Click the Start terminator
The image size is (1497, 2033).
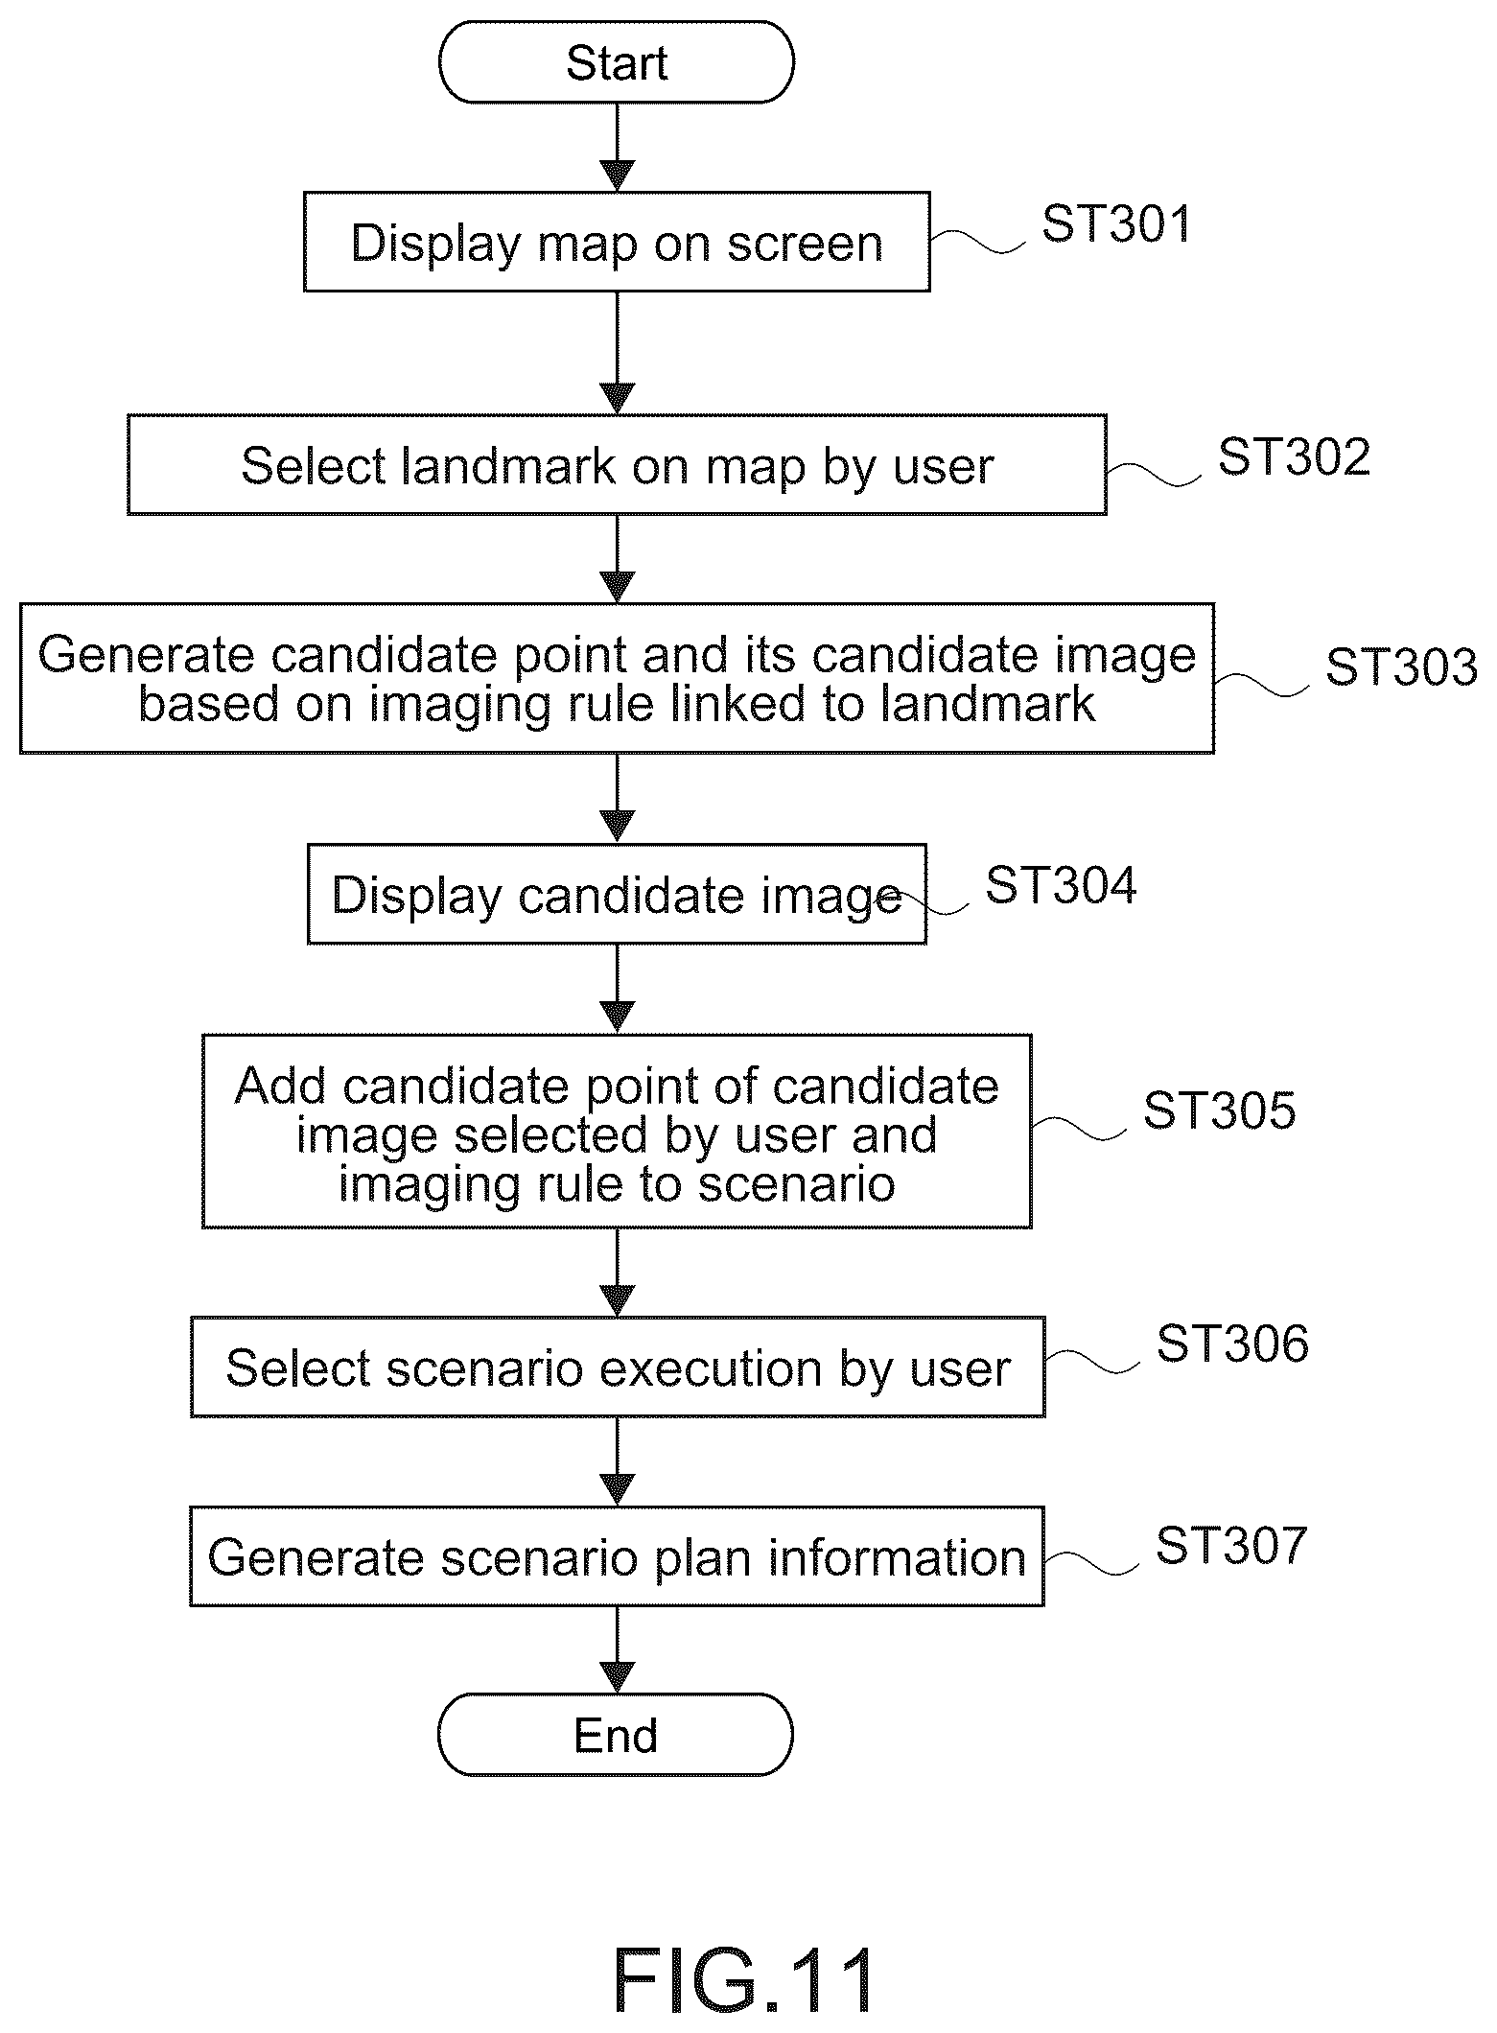[x=617, y=62]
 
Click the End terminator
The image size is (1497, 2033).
[x=616, y=1735]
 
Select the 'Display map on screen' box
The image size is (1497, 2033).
[x=617, y=242]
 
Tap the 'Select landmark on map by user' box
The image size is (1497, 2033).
[x=617, y=465]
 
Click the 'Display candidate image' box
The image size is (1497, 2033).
[x=617, y=894]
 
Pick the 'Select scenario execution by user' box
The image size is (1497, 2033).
[x=618, y=1367]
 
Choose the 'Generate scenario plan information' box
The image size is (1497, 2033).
[x=617, y=1555]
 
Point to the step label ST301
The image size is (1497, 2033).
[x=1116, y=223]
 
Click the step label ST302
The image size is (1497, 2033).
[x=1294, y=457]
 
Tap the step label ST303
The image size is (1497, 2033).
[x=1401, y=666]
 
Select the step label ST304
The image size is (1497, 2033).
[x=1061, y=884]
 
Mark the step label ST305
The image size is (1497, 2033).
[x=1219, y=1110]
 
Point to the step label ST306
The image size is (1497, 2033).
[x=1232, y=1344]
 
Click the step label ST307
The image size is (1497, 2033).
[x=1231, y=1545]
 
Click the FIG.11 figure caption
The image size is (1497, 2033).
[x=744, y=1981]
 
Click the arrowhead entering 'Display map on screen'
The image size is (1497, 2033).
[x=617, y=176]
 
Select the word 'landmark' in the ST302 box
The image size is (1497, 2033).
[x=509, y=466]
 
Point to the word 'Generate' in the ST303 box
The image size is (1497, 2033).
[x=146, y=656]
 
